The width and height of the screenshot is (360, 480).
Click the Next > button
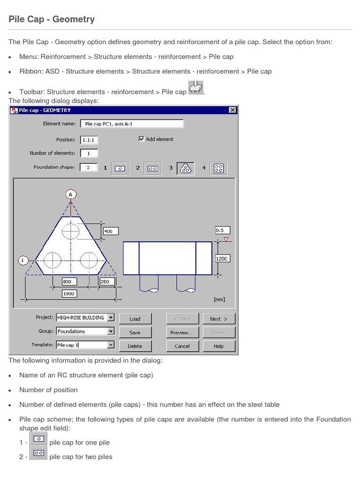[x=218, y=319]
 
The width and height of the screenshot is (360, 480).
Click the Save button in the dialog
[x=135, y=332]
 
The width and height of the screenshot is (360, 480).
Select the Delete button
[x=135, y=346]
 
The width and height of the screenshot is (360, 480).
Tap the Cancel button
[x=182, y=346]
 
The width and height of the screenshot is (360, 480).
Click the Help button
[x=218, y=346]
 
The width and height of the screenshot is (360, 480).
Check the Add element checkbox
[x=142, y=139]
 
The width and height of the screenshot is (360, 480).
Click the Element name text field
[x=132, y=124]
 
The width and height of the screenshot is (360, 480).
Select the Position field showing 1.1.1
[x=89, y=140]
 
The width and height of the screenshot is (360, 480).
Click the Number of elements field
[x=89, y=153]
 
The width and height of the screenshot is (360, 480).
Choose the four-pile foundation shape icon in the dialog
[x=218, y=168]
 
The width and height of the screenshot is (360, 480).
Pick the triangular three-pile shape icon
[x=186, y=168]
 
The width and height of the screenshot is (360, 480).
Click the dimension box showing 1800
[x=68, y=293]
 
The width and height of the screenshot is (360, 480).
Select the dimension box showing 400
[x=110, y=231]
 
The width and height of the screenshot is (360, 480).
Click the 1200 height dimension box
[x=222, y=258]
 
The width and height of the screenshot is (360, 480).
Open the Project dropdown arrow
[x=111, y=317]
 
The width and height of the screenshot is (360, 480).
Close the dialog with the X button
[x=232, y=110]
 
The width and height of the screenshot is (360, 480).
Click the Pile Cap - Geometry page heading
[x=52, y=19]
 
